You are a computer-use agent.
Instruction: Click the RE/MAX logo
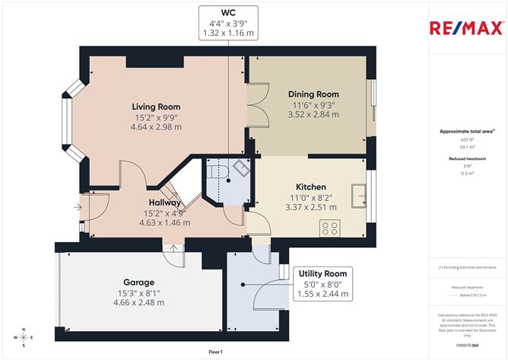point(466,29)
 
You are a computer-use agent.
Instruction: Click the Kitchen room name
point(310,186)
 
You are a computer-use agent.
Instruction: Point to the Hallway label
point(164,203)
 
